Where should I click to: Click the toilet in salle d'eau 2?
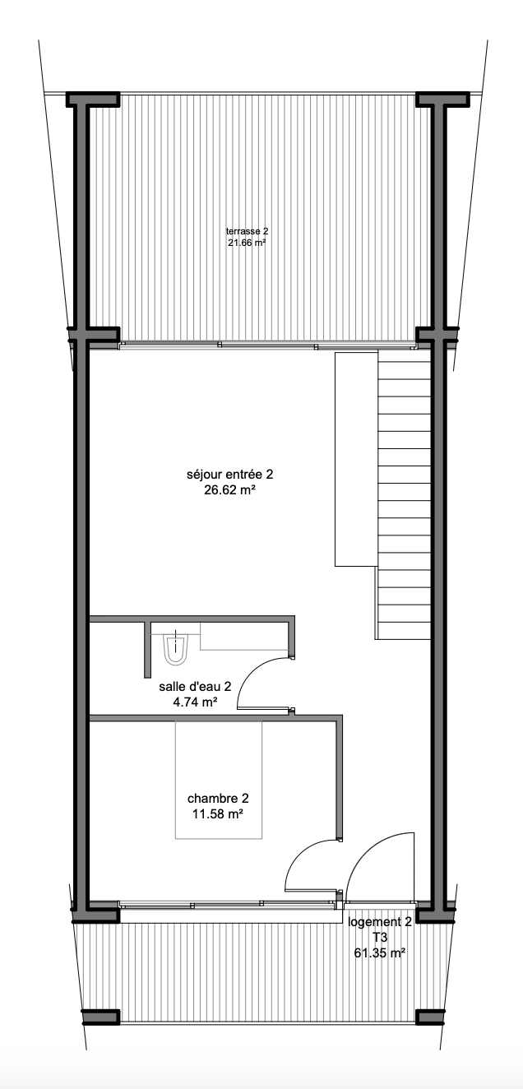click(x=175, y=647)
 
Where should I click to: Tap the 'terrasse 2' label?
click(x=247, y=231)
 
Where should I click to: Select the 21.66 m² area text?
click(x=247, y=243)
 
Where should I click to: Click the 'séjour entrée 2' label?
click(x=230, y=474)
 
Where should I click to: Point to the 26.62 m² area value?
click(x=230, y=490)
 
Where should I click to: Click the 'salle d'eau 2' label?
click(x=195, y=687)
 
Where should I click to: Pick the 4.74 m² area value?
click(x=196, y=702)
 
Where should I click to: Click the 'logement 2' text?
click(x=380, y=922)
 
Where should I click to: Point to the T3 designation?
click(x=380, y=938)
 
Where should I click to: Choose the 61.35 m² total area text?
click(x=380, y=952)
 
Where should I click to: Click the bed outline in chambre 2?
click(x=218, y=780)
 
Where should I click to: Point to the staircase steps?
click(x=404, y=495)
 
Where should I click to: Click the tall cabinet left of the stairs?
click(x=356, y=460)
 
